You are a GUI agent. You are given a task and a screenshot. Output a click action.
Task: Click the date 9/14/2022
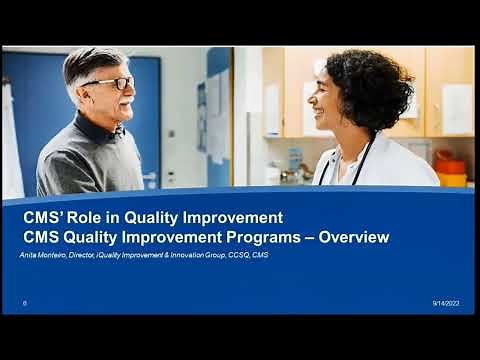tap(446, 302)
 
